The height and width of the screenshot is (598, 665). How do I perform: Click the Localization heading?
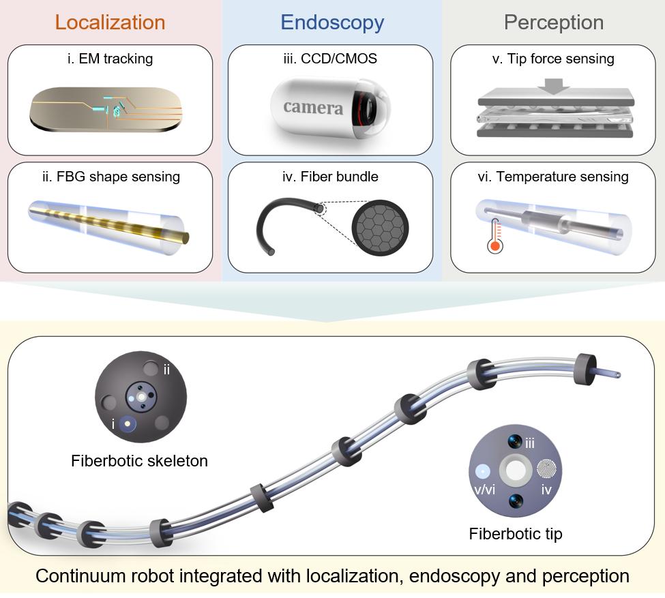(110, 22)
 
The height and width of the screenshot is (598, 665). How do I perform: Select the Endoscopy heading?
(332, 22)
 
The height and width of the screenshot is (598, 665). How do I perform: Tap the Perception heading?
(553, 22)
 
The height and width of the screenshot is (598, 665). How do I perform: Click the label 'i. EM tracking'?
(110, 59)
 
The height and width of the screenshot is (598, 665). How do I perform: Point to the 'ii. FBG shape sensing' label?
(110, 177)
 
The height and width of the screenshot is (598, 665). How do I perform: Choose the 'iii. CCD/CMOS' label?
(330, 59)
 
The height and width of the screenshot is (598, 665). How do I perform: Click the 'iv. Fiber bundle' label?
(330, 177)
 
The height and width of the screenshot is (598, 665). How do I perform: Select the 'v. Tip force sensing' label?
(552, 59)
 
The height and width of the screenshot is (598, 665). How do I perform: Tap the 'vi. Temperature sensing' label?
(552, 177)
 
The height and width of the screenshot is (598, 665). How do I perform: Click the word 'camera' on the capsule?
(313, 107)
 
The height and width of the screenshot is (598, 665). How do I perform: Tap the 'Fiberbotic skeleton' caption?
(139, 461)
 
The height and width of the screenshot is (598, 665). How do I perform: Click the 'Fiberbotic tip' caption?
(516, 534)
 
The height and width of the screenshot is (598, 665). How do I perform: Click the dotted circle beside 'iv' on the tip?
(547, 469)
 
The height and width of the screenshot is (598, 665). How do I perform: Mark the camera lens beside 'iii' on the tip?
(515, 442)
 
